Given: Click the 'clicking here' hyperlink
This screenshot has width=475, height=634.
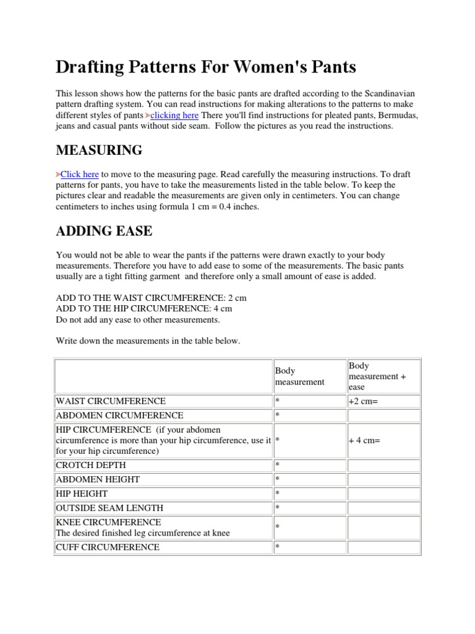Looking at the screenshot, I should pos(175,116).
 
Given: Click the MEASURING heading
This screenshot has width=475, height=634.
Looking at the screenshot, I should pos(99,150).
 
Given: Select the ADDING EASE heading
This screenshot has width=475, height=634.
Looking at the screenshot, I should pos(104,232).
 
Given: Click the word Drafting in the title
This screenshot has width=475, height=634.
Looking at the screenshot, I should pos(93,67).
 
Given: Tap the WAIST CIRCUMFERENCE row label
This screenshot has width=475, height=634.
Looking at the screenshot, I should pos(111,401).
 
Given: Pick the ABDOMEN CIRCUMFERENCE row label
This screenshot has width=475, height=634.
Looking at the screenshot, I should pos(119,415).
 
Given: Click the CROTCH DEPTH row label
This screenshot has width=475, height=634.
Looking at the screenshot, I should pos(90,464).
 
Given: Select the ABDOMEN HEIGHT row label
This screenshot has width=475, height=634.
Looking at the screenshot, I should pos(98,479).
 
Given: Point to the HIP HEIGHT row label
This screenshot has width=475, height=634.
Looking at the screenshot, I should pos(82,493).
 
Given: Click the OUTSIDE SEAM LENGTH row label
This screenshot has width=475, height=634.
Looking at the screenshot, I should pos(109,508).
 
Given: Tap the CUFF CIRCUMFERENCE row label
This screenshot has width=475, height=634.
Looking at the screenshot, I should pos(108,547).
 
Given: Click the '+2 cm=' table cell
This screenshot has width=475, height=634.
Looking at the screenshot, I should pos(364,401).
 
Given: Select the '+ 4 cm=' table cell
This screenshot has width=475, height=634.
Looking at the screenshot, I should pos(364,440).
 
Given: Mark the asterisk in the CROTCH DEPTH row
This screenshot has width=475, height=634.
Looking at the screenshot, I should pos(278,464).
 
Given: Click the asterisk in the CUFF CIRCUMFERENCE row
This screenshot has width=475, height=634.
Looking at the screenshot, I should pos(278,547).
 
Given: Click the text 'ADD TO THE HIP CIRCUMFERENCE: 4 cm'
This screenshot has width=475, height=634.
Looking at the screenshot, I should pos(144,308).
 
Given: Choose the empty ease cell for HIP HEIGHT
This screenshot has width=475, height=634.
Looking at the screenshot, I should pos(383,493).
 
